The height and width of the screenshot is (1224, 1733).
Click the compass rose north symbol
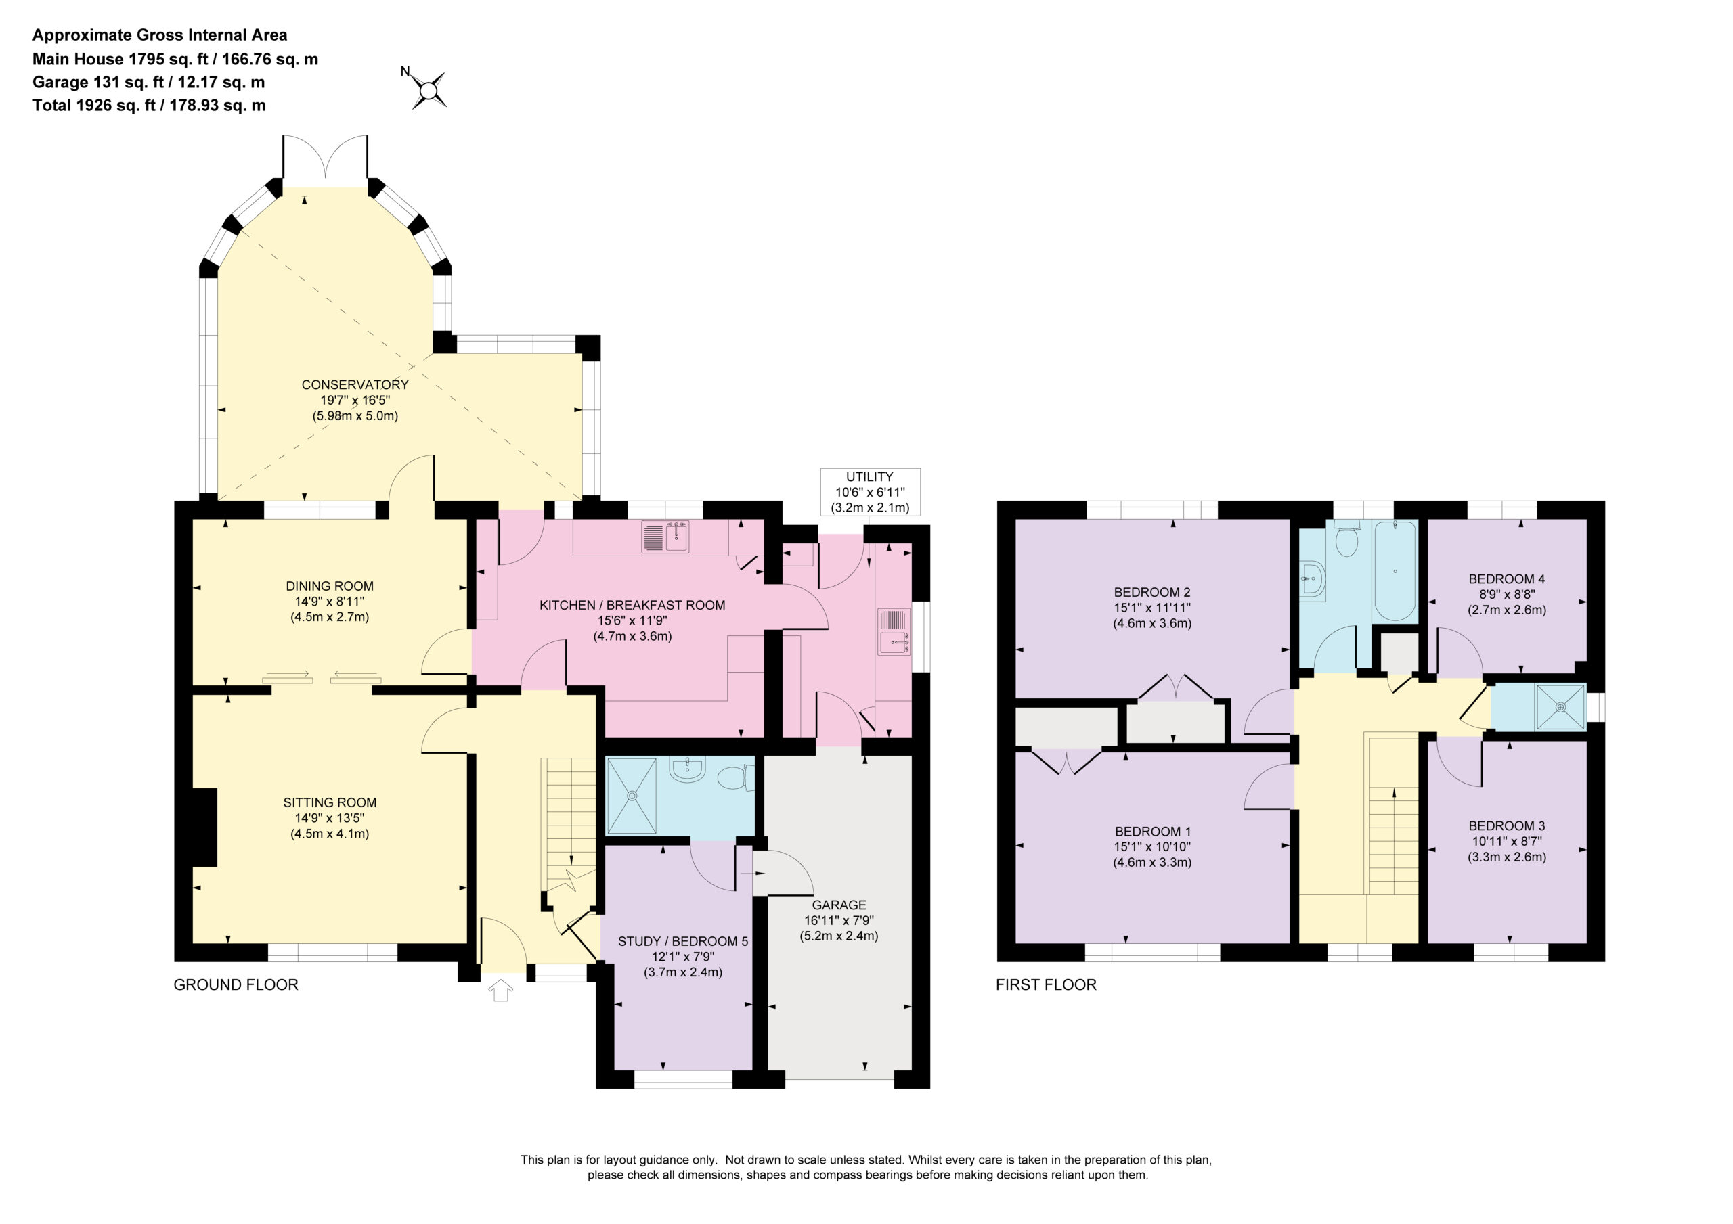(x=429, y=91)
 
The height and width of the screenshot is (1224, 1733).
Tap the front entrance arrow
(x=500, y=990)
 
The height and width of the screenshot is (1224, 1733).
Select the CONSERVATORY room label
(x=355, y=385)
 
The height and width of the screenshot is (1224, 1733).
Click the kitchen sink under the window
(x=665, y=537)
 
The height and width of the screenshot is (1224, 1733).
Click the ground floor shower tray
(x=632, y=796)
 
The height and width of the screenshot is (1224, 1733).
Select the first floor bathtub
(x=1395, y=570)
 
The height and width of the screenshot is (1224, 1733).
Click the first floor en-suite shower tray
(x=1560, y=707)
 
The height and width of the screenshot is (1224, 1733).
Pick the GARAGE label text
(x=839, y=905)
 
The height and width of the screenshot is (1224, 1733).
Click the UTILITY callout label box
(x=869, y=492)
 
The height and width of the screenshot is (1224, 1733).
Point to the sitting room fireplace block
(x=204, y=827)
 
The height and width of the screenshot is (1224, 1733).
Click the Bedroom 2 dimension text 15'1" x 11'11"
(x=1151, y=608)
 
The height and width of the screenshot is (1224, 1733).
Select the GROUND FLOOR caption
(x=236, y=984)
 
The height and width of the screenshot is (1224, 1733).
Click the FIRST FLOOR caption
(x=1045, y=984)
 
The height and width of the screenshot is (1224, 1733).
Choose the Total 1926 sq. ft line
(x=149, y=105)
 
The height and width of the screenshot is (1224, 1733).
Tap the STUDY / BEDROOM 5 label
(x=682, y=941)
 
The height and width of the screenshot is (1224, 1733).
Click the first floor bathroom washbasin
(x=1313, y=580)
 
